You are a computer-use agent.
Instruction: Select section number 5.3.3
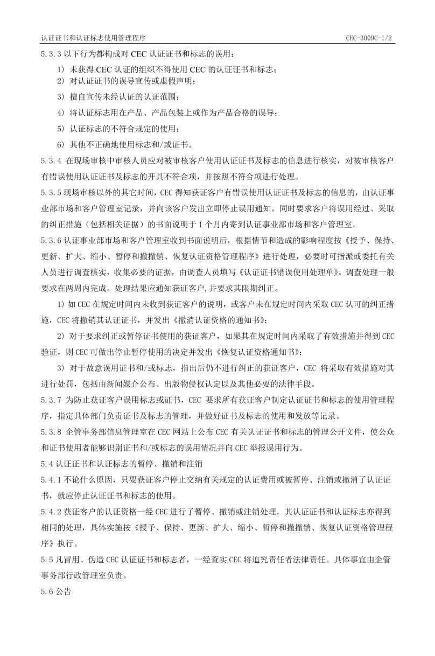(x=51, y=54)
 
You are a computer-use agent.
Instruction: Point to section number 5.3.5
(x=51, y=192)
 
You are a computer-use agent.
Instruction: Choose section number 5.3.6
(x=51, y=239)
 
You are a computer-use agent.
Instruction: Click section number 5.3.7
(x=51, y=400)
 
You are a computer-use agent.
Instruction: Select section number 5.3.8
(x=51, y=431)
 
